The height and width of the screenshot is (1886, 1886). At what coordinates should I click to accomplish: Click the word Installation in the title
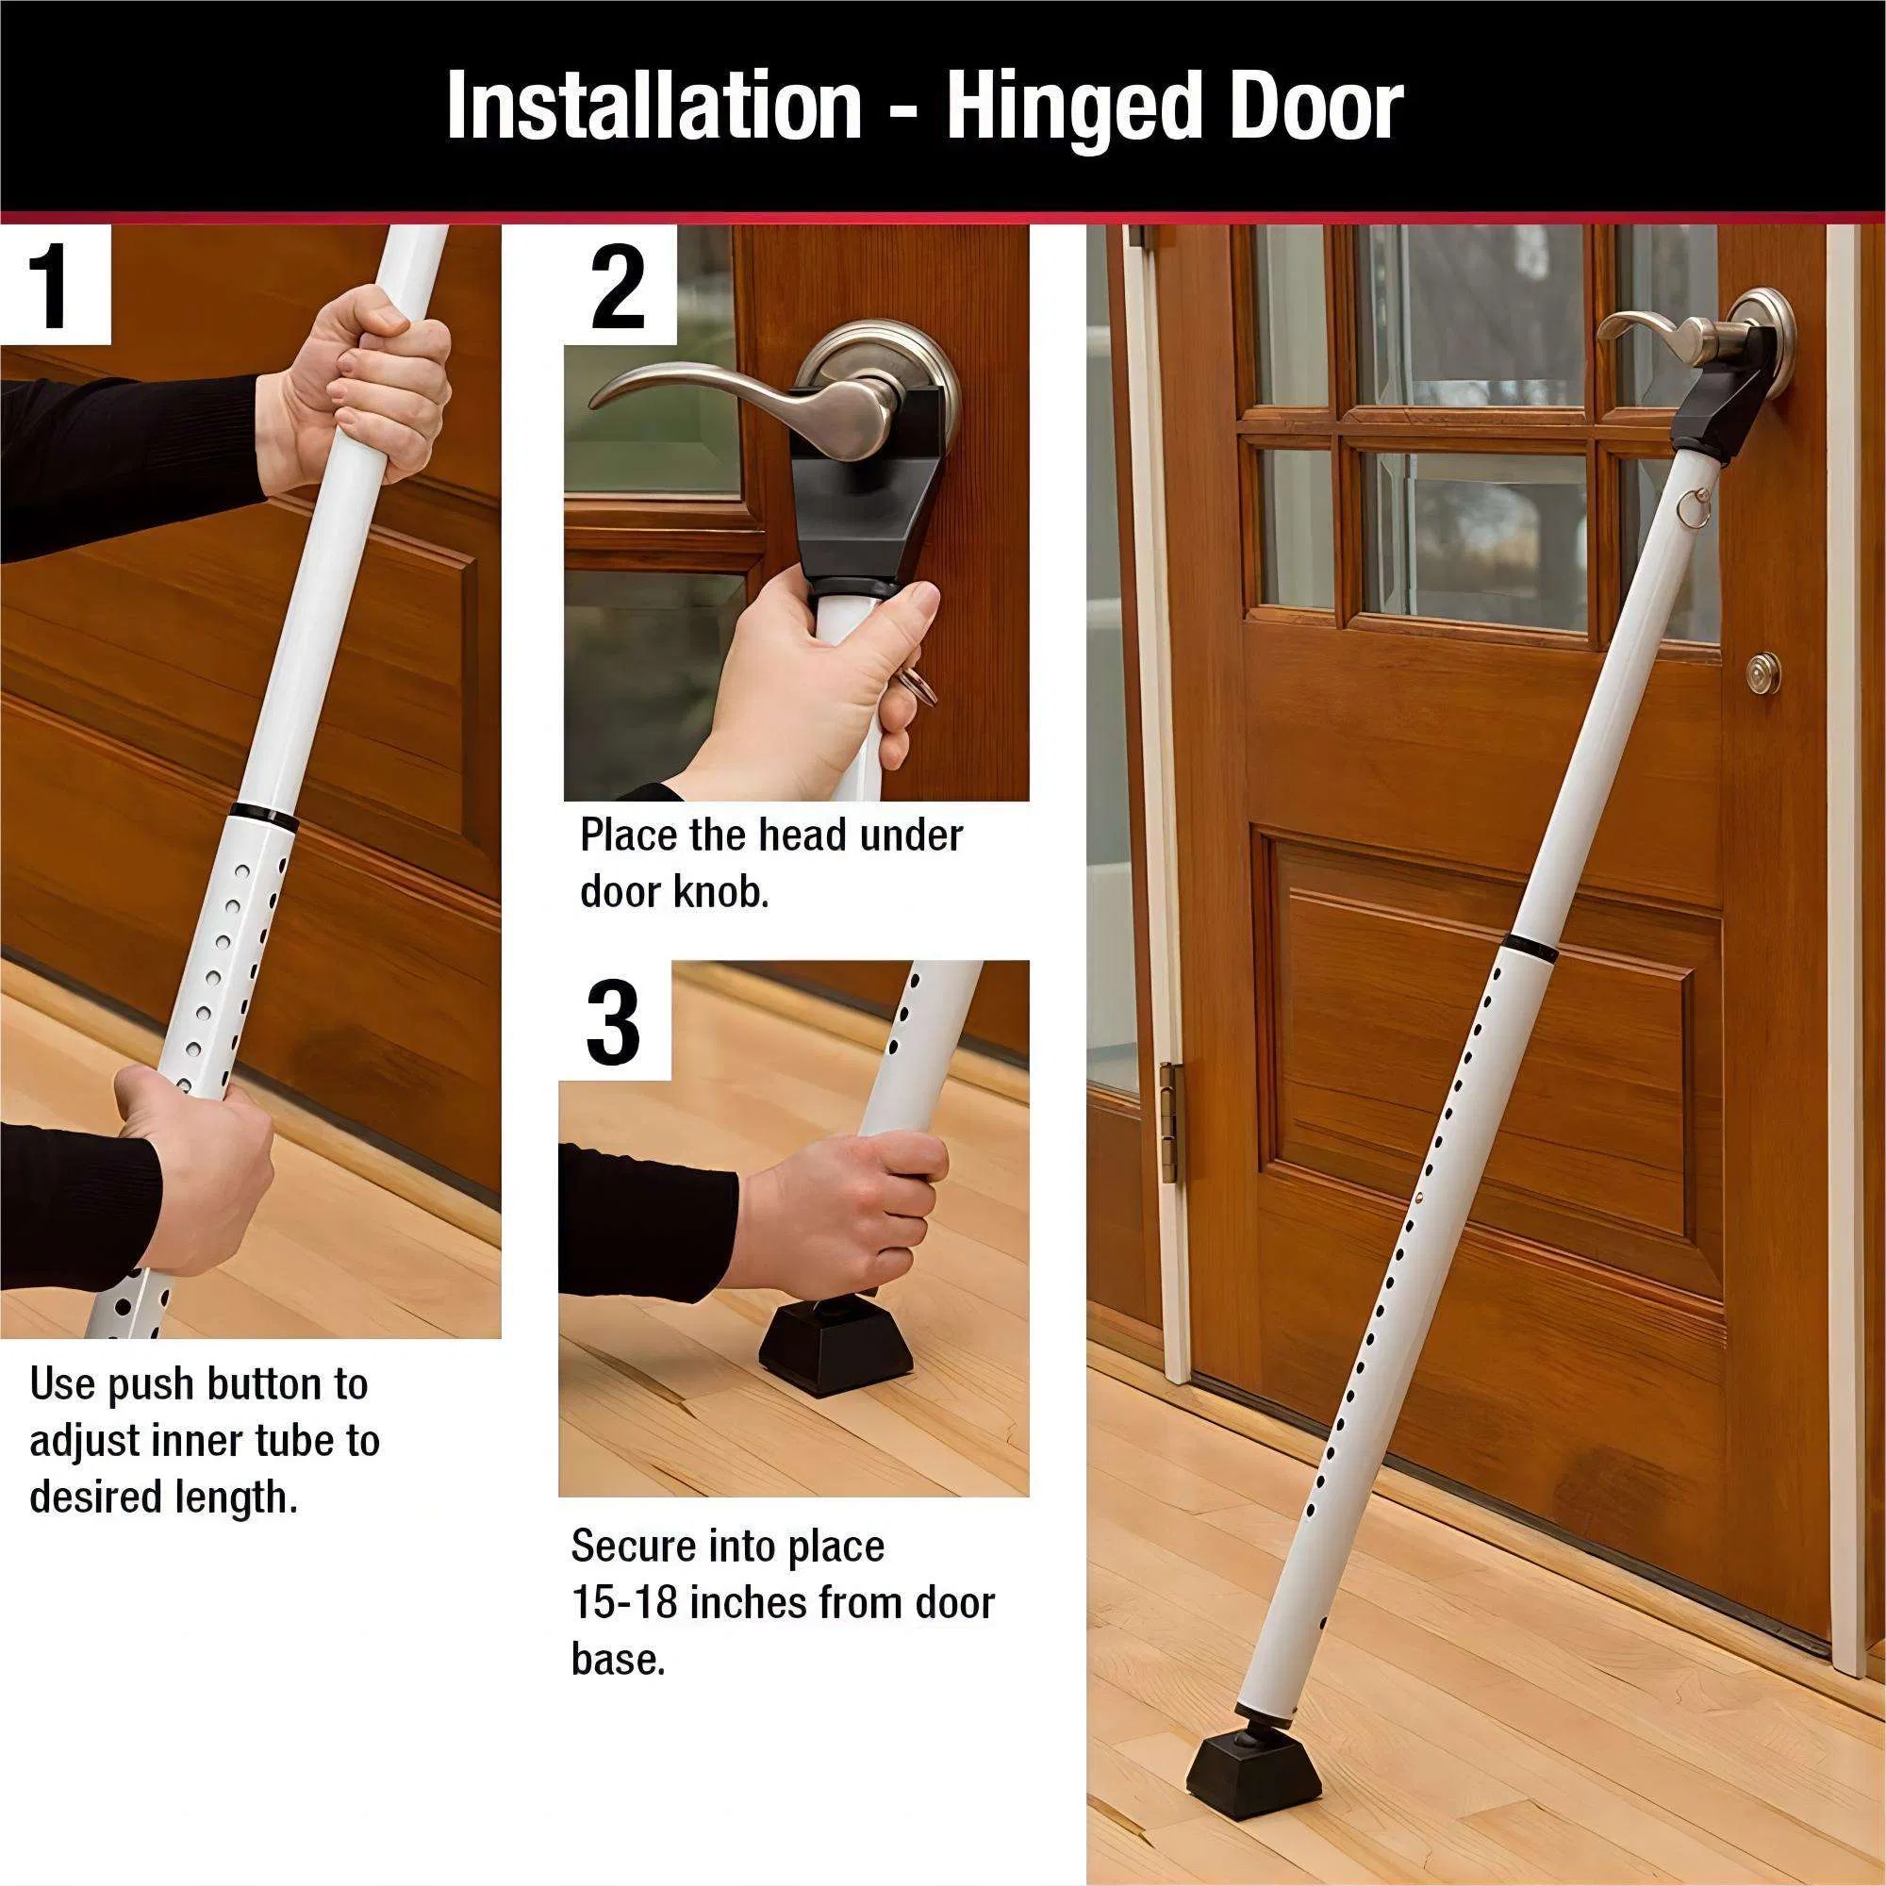click(653, 108)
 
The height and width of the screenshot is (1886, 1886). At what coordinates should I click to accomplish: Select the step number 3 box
click(614, 1023)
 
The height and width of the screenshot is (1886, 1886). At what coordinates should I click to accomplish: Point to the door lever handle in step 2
click(742, 400)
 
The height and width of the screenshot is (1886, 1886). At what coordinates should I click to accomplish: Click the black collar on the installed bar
click(1530, 945)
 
